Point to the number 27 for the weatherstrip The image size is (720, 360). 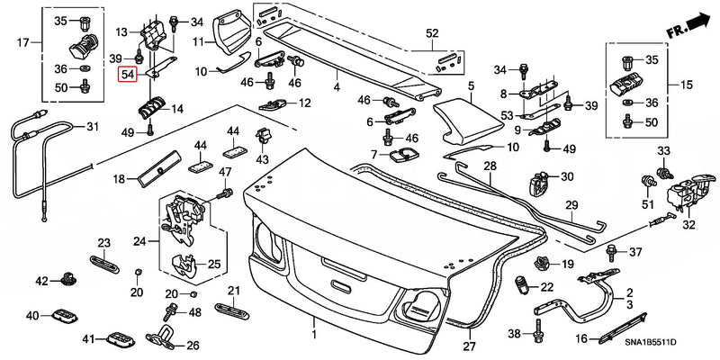tap(467, 346)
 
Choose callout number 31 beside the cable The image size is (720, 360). tap(90, 127)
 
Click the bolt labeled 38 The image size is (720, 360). tap(537, 334)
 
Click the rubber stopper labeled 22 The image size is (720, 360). tap(521, 288)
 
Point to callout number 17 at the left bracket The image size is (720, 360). tap(22, 41)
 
